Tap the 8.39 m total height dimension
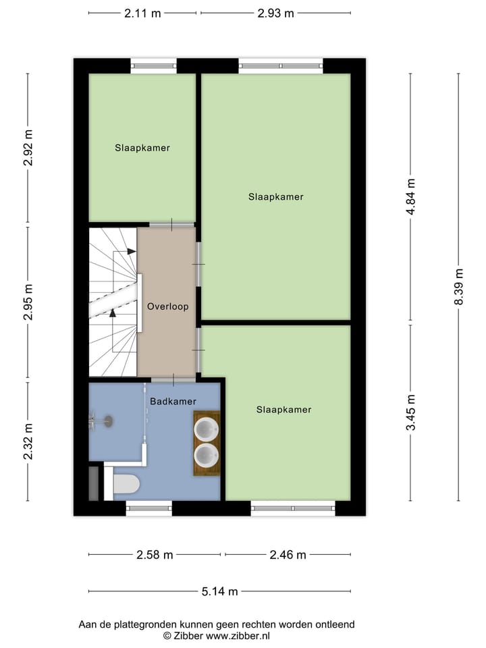pos(459,286)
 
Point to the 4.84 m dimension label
pos(411,196)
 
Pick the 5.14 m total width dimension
pos(219,591)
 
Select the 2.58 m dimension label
pos(155,555)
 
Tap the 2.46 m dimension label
pos(288,555)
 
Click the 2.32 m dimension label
pos(28,441)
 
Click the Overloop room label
pos(167,306)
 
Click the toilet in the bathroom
pos(126,484)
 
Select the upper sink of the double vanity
pos(207,428)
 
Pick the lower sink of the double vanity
pos(207,454)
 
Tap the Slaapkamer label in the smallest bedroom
pos(142,148)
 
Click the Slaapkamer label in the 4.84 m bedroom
pos(275,197)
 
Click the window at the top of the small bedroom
pos(153,65)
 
